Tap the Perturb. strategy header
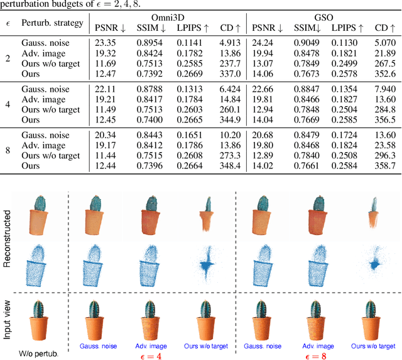tap(52, 23)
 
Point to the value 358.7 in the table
tap(385, 166)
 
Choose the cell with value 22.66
tap(264, 89)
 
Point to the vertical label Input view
tap(8, 321)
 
